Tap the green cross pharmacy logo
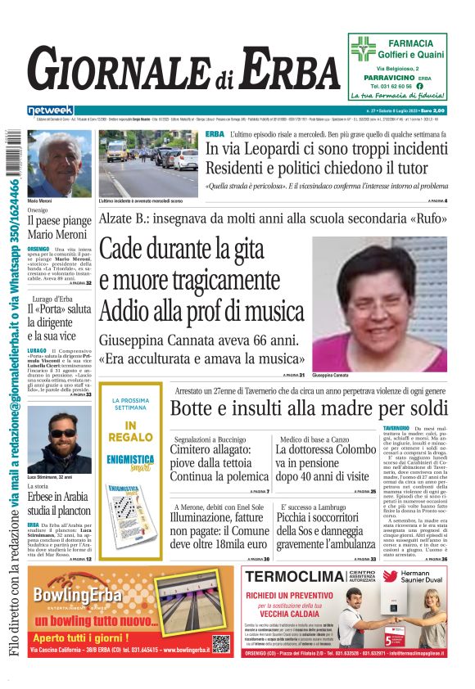(x=363, y=48)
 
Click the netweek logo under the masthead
(x=50, y=110)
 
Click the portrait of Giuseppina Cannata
(x=379, y=304)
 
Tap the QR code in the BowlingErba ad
(x=221, y=644)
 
